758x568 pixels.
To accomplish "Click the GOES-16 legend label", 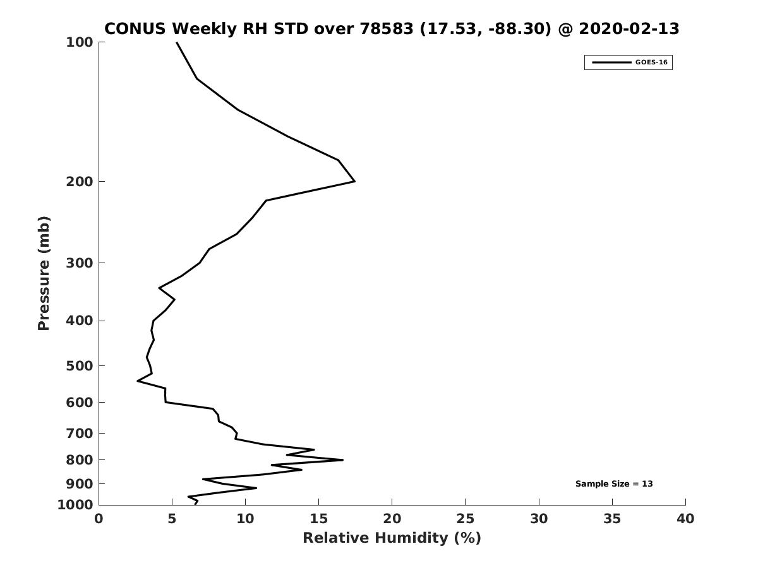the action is click(x=651, y=62).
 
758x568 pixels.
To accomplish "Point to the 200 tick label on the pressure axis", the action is click(x=80, y=181).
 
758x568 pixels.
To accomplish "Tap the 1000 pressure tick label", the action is click(x=75, y=505).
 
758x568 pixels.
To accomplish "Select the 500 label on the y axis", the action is click(x=80, y=365).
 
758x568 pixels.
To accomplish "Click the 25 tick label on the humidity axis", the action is click(x=465, y=519).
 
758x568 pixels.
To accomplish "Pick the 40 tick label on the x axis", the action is click(x=685, y=519).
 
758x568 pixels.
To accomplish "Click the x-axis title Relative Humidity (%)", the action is click(x=392, y=538).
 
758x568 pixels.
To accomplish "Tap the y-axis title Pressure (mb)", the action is click(x=44, y=273).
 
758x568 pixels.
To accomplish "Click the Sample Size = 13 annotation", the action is click(x=614, y=484).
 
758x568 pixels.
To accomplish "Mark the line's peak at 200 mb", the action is click(x=354, y=181).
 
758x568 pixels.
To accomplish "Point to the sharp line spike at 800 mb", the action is click(x=342, y=459).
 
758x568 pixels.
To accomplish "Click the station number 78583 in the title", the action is click(x=387, y=28).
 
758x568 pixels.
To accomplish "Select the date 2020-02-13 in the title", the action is click(x=629, y=28).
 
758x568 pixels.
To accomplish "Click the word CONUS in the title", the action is click(x=135, y=28).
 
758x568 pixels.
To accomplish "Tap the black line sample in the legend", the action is click(x=611, y=62).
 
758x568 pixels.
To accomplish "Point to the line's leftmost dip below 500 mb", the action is click(x=138, y=381).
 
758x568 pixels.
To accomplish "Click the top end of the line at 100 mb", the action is click(x=177, y=42).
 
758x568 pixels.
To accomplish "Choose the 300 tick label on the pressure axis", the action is click(x=80, y=263).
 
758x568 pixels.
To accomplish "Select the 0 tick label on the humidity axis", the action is click(x=99, y=519).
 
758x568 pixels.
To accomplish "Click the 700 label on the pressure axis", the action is click(x=80, y=433).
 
